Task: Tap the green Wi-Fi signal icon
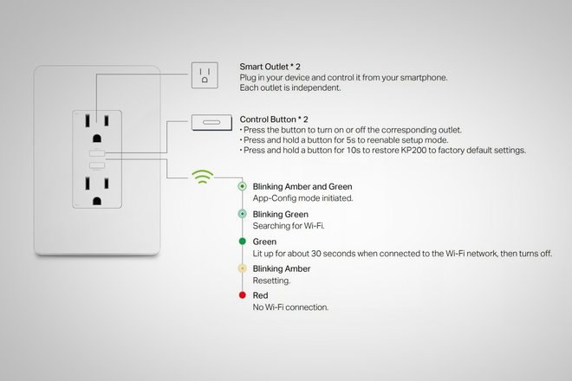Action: point(204,177)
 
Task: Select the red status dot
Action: point(242,296)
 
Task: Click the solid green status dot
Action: point(242,241)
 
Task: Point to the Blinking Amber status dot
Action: point(242,268)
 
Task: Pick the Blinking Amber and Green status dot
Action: point(242,186)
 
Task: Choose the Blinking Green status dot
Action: point(242,214)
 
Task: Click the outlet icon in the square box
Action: point(205,75)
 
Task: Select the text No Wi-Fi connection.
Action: point(290,307)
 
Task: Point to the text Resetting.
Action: point(270,281)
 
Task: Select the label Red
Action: point(260,295)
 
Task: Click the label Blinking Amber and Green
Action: point(302,186)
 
